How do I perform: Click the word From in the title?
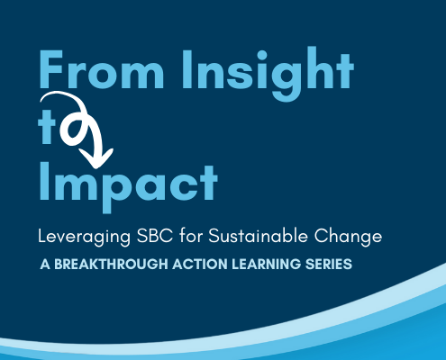coord(102,69)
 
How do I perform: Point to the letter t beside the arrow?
coord(47,129)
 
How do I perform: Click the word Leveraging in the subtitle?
coord(85,237)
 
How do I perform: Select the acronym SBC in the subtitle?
coord(155,236)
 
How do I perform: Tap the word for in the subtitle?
coord(191,236)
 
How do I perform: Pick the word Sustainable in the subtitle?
coord(259,236)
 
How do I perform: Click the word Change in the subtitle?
coord(348,237)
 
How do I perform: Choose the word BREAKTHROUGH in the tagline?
coord(111,265)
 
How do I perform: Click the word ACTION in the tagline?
coord(200,265)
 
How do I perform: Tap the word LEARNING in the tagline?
coord(266,265)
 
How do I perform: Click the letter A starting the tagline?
coord(45,265)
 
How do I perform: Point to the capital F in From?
coord(50,69)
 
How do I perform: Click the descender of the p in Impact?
coord(107,206)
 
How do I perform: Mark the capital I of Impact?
coord(44,182)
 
